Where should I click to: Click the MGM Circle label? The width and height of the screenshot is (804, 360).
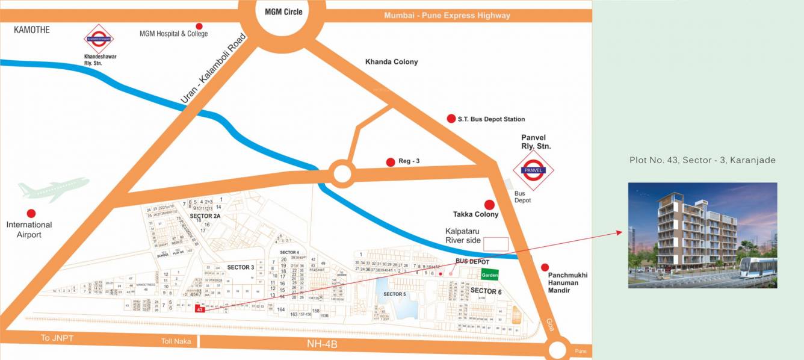tap(283, 12)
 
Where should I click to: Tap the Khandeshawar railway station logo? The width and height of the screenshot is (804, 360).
tap(99, 39)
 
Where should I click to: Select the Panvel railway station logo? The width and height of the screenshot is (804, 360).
tap(533, 170)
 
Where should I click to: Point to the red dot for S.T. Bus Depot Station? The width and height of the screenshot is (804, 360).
tap(451, 119)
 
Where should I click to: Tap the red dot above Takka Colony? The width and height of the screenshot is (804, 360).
tap(489, 205)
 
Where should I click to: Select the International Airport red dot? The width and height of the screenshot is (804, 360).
tap(31, 213)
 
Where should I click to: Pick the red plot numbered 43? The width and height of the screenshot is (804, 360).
tap(199, 309)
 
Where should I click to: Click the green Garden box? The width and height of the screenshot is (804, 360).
tap(489, 275)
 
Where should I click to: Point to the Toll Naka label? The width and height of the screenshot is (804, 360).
tap(176, 341)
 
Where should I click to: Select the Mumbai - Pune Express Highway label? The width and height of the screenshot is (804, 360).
tap(447, 15)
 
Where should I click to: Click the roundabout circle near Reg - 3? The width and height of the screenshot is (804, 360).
tap(341, 174)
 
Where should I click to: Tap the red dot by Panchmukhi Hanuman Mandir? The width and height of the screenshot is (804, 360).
tap(545, 267)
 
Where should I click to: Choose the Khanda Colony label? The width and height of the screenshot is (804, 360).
tap(391, 62)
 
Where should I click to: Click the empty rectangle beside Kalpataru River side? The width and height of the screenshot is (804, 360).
tap(496, 244)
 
